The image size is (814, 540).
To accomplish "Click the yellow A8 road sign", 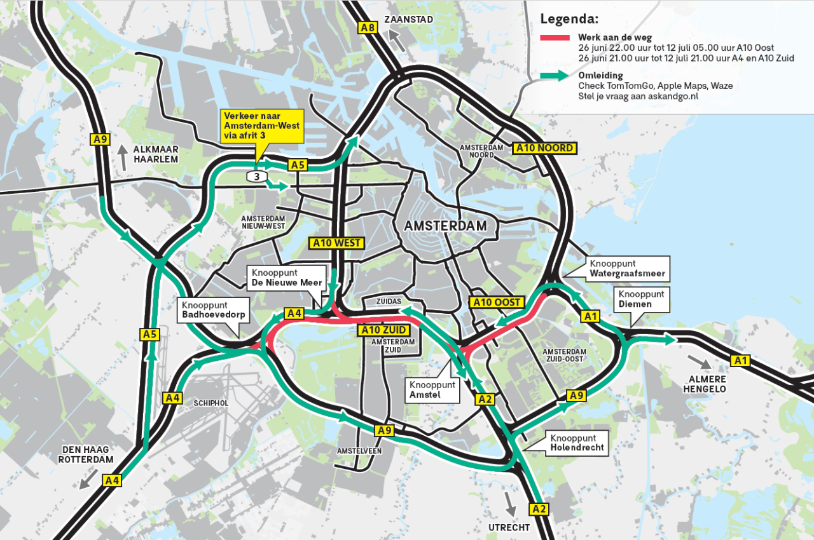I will coord(368,27).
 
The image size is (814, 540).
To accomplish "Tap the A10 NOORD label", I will coord(545,148).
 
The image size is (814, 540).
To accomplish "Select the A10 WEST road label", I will coord(336,243).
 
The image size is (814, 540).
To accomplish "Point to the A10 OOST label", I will coord(497,302).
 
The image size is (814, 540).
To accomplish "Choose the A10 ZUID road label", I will coord(384,330).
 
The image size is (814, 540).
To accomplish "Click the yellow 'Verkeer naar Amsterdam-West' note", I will coord(261,126).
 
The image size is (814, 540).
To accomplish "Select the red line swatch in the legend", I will coord(556,38).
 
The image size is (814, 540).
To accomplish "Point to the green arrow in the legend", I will coord(556,76).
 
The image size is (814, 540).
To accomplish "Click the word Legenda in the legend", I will coord(569,18).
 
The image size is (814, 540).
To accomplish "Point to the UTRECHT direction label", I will coord(509,527).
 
